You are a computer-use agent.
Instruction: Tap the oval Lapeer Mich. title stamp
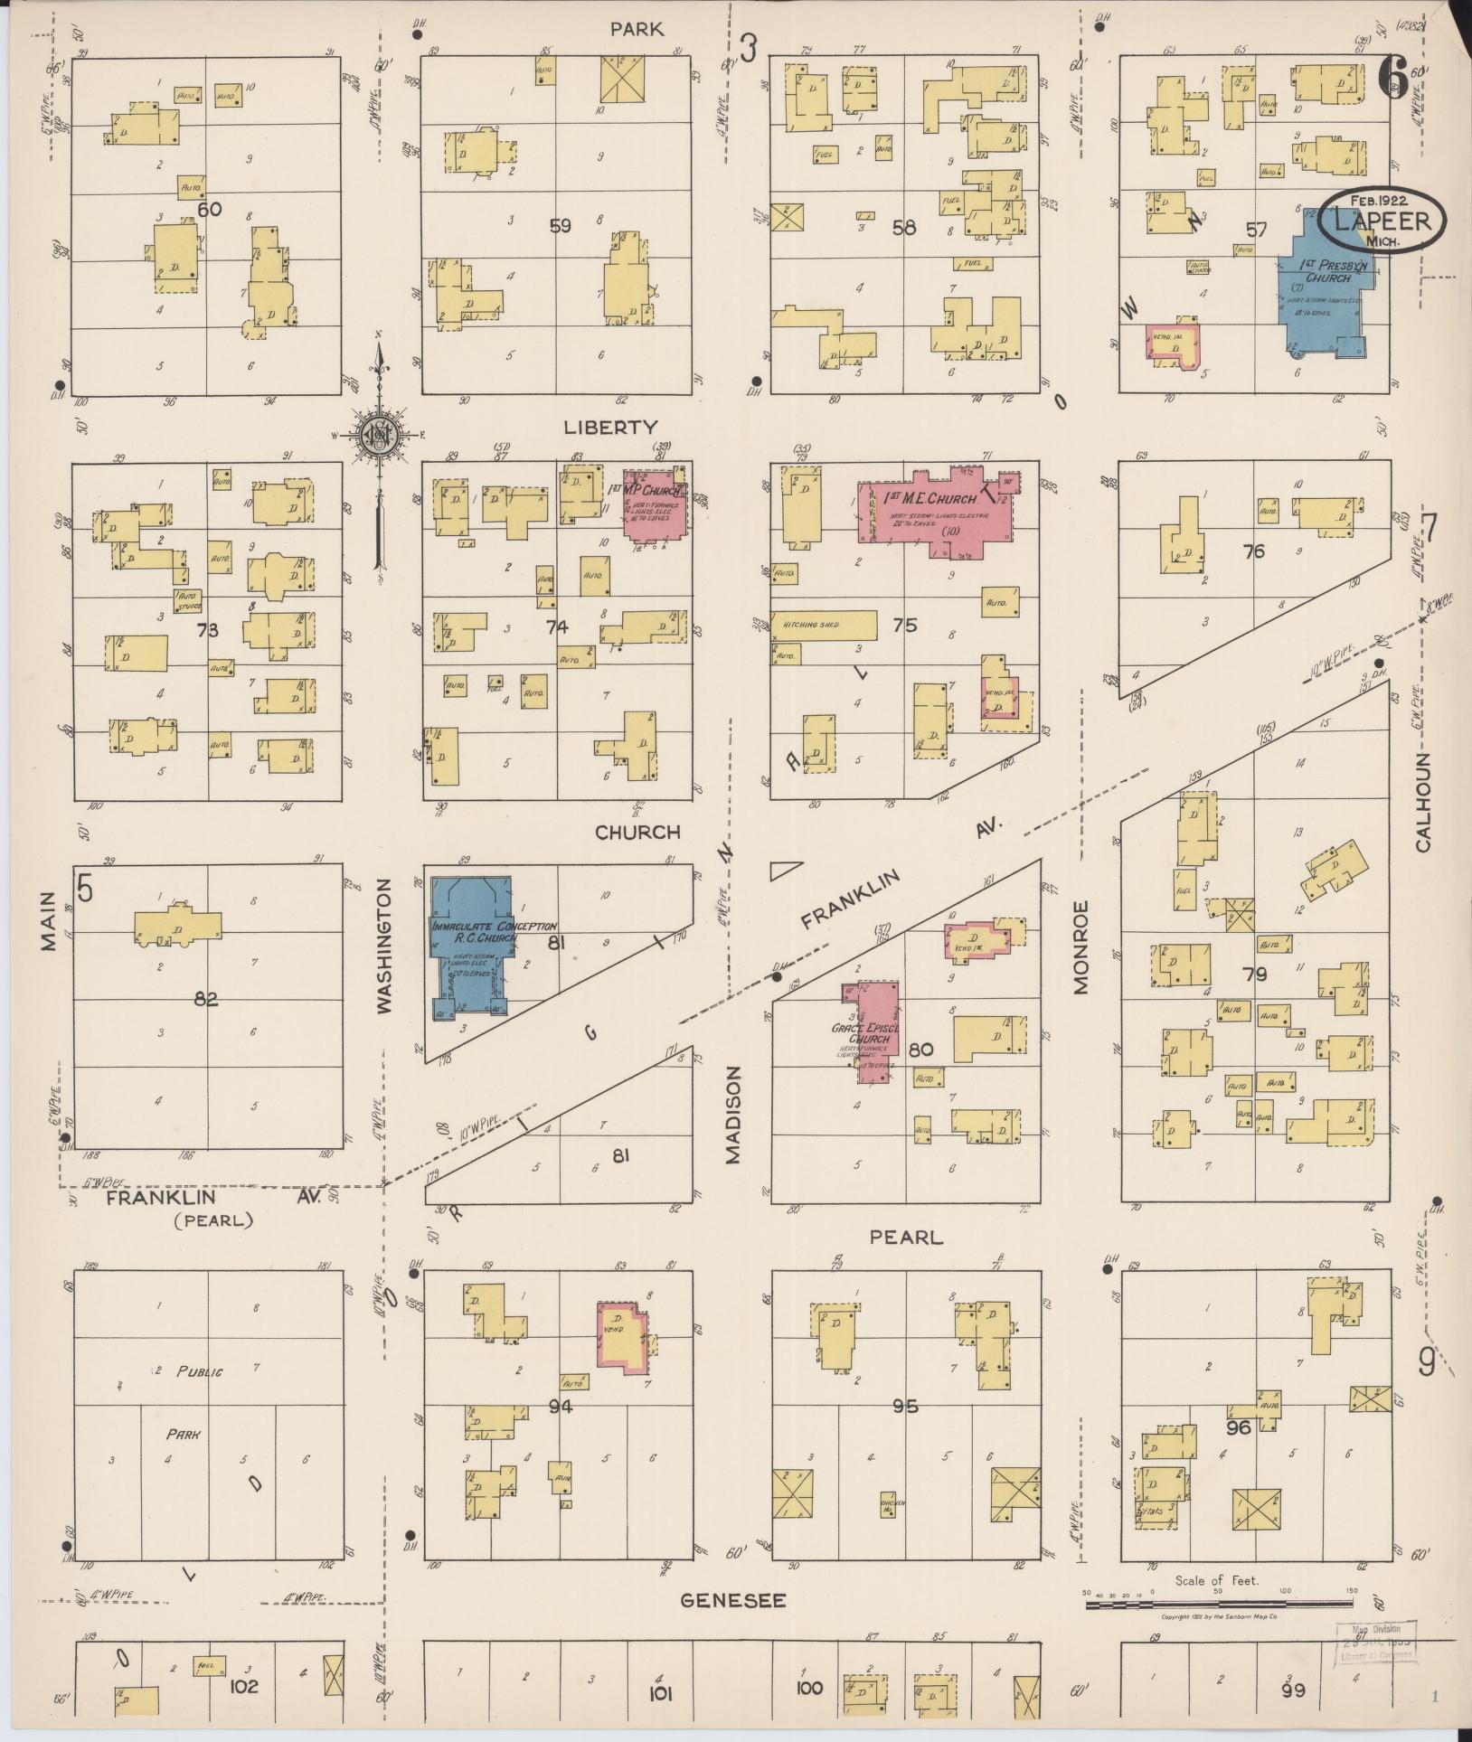tap(1381, 222)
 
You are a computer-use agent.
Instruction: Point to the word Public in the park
tap(198, 1371)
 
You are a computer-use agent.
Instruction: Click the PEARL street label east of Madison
tap(905, 1238)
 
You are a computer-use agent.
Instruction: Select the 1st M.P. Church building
tap(656, 504)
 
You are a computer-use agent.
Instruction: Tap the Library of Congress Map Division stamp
tap(1376, 1640)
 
